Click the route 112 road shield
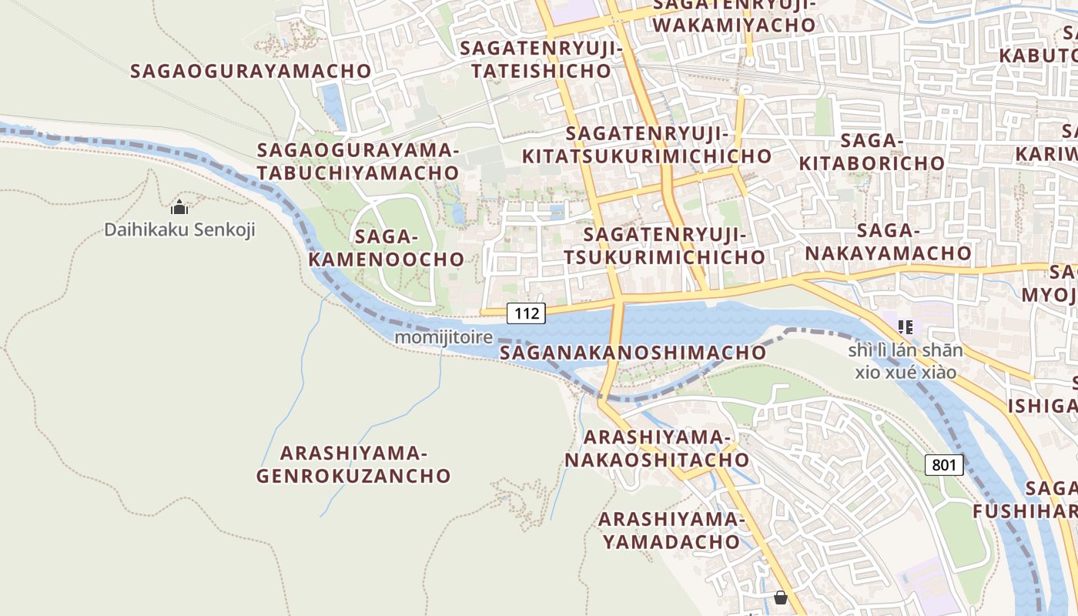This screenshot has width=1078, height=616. tap(526, 313)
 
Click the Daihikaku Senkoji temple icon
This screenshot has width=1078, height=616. tap(179, 207)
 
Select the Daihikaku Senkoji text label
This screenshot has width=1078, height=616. tap(179, 229)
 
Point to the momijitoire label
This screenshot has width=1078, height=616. tap(444, 337)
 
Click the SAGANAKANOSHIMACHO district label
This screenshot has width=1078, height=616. tap(633, 353)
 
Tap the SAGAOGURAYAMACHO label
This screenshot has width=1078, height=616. tap(251, 71)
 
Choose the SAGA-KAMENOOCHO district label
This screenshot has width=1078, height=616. tap(387, 248)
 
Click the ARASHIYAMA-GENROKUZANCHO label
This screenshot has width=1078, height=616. tap(353, 464)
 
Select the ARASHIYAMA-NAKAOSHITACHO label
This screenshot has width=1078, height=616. tap(657, 449)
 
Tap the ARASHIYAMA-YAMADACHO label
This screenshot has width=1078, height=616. tap(671, 531)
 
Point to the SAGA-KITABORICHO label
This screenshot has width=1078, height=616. tap(872, 152)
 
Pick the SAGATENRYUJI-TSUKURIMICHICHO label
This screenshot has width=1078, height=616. tap(664, 246)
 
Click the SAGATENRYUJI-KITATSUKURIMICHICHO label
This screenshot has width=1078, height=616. tap(647, 145)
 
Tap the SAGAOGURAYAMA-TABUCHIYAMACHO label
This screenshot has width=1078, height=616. tap(358, 161)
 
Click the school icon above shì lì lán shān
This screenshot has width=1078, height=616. tap(906, 326)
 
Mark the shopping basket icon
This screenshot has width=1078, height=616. tap(781, 598)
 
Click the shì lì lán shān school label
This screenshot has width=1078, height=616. tap(906, 361)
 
